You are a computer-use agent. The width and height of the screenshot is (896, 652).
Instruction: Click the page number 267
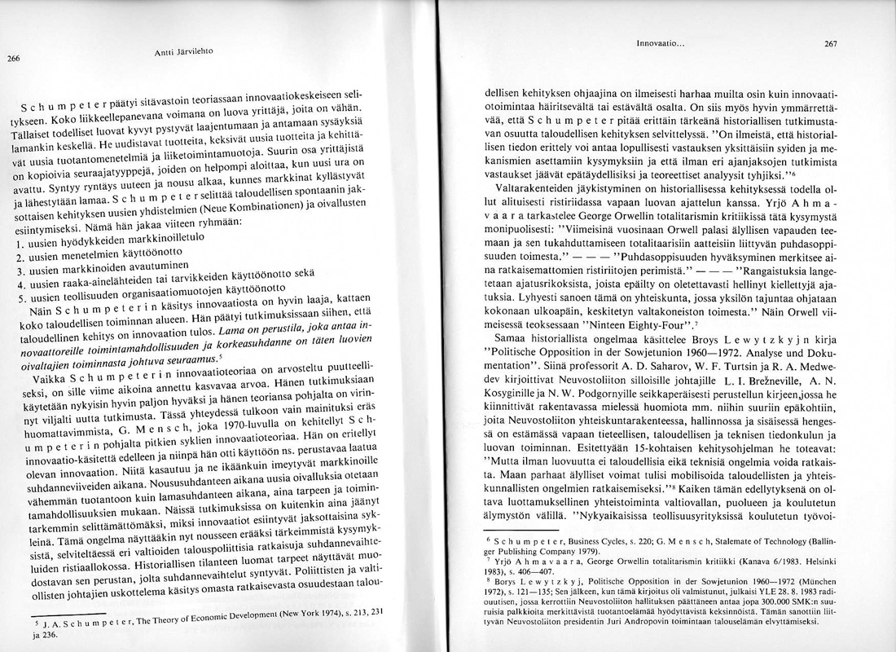pos(830,44)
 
